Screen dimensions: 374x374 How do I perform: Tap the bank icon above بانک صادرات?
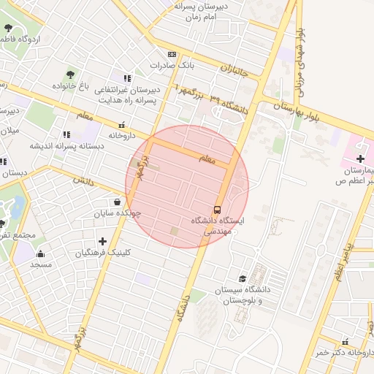click(172, 54)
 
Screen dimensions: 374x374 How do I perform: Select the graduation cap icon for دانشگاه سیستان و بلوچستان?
click(243, 278)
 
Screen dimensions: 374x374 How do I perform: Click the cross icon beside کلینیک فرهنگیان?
click(102, 241)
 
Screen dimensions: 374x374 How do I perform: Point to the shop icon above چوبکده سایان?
click(117, 202)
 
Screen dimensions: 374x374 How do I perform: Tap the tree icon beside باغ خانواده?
click(71, 74)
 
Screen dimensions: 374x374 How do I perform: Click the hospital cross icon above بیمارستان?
click(360, 159)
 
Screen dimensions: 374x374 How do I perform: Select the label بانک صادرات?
click(174, 65)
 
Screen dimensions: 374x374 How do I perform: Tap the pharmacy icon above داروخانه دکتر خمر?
click(344, 342)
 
